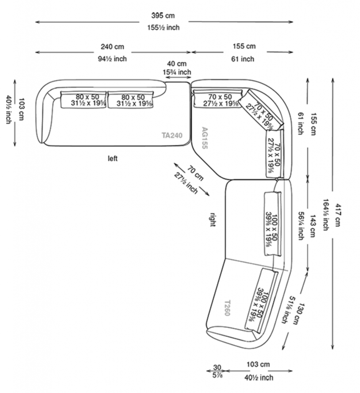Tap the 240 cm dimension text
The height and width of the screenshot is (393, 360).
click(112, 47)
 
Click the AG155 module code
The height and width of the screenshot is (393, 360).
click(204, 138)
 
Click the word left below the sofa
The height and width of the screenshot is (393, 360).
click(113, 158)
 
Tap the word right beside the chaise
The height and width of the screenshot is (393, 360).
click(213, 219)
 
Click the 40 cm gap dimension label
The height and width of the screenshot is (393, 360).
click(177, 64)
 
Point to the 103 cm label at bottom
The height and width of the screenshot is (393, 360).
click(258, 364)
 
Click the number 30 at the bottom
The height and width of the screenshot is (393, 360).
click(217, 367)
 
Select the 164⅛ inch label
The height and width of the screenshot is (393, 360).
click(326, 215)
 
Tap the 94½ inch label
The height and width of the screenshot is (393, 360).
click(112, 59)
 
